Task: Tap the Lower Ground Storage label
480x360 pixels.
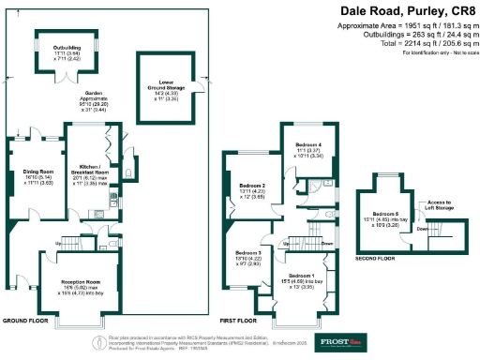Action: point(165,87)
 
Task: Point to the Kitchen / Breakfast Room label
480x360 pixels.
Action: point(91,172)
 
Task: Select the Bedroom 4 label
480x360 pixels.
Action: point(308,143)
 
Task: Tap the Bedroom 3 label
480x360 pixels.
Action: point(247,254)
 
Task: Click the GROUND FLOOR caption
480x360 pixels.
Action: point(25,321)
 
